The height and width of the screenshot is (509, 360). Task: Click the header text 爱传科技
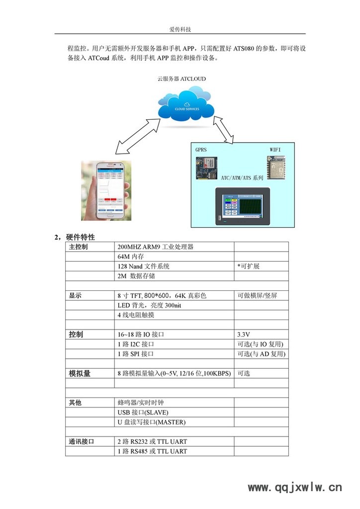(x=180, y=29)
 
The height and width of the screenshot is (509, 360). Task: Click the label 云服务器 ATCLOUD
(x=181, y=79)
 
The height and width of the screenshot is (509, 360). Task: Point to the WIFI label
(x=275, y=149)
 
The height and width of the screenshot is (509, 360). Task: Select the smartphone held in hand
(x=106, y=190)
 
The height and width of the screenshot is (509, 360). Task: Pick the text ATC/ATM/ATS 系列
(x=242, y=177)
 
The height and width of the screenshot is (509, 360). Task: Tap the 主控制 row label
(x=78, y=247)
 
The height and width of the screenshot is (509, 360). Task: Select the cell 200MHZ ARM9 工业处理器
(x=155, y=247)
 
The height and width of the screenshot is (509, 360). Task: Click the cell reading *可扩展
(x=249, y=266)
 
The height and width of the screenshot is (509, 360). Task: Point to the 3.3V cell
(x=244, y=335)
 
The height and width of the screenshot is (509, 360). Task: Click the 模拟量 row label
(x=80, y=373)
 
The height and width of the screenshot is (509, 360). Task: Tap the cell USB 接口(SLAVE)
(x=143, y=413)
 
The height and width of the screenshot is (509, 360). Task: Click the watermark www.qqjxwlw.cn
(x=295, y=488)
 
